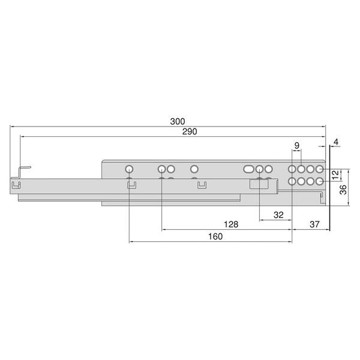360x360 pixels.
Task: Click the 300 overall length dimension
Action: [178, 121]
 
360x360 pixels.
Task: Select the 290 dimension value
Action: [190, 131]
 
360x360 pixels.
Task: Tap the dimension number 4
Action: [336, 142]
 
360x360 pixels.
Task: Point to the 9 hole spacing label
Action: [297, 145]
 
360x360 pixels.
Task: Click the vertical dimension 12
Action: [335, 175]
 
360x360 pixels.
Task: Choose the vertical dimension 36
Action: [343, 190]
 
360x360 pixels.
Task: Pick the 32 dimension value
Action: [278, 215]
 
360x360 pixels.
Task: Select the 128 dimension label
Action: [231, 224]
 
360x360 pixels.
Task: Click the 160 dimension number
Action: [215, 236]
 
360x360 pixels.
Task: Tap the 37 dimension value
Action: [314, 224]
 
